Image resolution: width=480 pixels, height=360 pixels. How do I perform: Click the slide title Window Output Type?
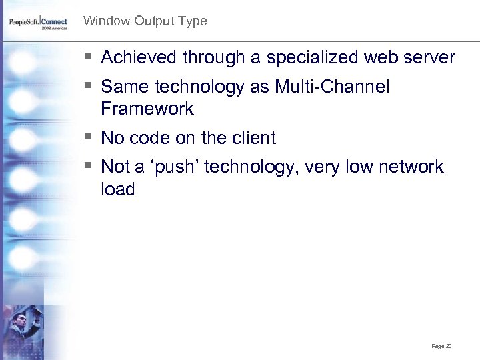click(145, 21)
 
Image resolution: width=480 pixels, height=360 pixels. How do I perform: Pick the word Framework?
click(147, 109)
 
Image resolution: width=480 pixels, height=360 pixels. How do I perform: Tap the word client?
click(253, 138)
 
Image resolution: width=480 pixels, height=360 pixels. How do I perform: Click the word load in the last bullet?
click(117, 189)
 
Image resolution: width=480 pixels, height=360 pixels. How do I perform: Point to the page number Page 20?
click(441, 346)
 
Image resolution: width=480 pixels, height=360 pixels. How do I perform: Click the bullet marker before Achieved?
click(89, 58)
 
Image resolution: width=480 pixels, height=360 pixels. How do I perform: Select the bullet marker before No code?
click(89, 138)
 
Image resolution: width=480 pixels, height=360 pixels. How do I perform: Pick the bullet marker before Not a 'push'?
click(89, 167)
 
